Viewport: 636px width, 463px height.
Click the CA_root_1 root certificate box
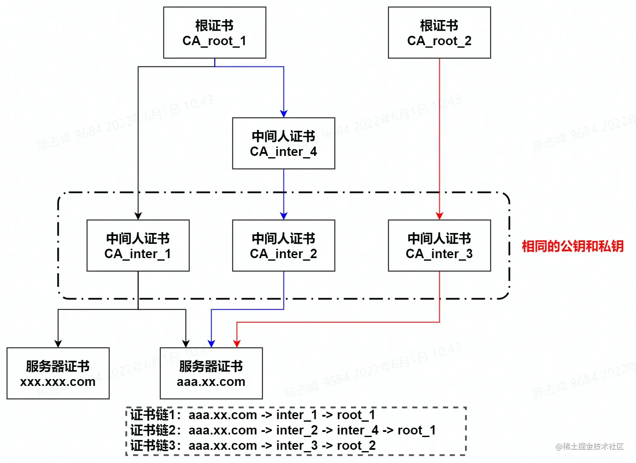point(215,33)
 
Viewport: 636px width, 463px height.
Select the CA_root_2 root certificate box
point(439,33)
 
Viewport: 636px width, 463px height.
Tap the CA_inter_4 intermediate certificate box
point(284,144)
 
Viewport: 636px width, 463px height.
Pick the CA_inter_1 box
point(138,246)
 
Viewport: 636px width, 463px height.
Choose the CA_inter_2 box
point(284,246)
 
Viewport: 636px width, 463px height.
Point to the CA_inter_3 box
point(439,246)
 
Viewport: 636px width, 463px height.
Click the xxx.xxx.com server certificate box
point(58,374)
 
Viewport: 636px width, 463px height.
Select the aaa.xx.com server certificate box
point(211,374)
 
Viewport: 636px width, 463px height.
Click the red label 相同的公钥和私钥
point(573,246)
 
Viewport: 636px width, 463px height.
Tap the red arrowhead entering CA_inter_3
point(439,216)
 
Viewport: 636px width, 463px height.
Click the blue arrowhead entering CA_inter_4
point(284,114)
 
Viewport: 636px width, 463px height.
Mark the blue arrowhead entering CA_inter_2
point(284,216)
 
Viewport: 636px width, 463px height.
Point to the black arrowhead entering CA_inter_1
point(138,216)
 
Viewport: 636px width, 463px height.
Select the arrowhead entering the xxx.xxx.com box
point(58,344)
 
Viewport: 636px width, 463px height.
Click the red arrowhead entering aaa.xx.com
point(237,344)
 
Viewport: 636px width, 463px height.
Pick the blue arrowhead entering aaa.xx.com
point(211,344)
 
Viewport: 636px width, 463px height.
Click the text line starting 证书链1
point(253,415)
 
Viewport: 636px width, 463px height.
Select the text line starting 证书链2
point(283,430)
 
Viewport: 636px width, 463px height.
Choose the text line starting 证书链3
point(253,446)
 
